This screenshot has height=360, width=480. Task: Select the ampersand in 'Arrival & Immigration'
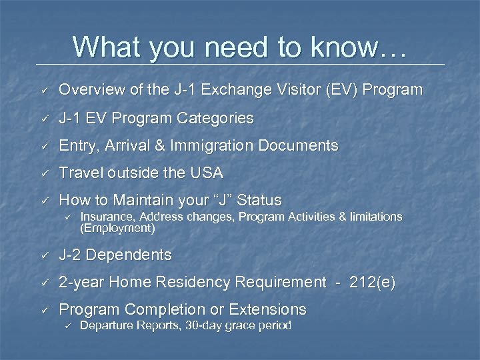161,145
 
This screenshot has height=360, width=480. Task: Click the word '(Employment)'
117,228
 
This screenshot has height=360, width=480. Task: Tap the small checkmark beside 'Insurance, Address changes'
67,217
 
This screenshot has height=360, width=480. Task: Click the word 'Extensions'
265,309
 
